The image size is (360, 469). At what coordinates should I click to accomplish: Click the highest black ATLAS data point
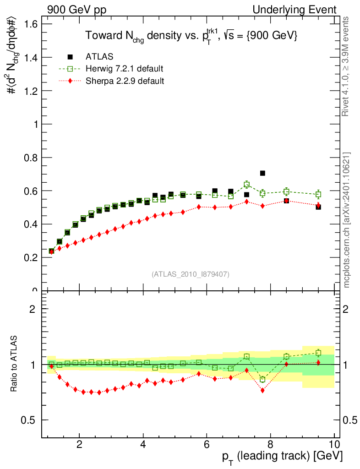[262, 173]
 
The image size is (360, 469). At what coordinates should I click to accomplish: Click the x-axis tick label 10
[334, 444]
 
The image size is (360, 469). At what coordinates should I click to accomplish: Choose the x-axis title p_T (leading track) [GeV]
[282, 456]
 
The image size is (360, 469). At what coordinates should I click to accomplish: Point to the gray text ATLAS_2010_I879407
[191, 274]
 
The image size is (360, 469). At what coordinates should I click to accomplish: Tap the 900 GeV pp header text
[76, 10]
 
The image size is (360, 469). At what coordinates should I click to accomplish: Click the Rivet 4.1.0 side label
[347, 66]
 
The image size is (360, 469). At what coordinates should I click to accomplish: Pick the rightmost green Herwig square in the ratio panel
[318, 353]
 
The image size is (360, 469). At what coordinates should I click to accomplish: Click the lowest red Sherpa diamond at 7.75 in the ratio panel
[262, 390]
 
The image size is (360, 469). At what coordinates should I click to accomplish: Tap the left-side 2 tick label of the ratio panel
[33, 309]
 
